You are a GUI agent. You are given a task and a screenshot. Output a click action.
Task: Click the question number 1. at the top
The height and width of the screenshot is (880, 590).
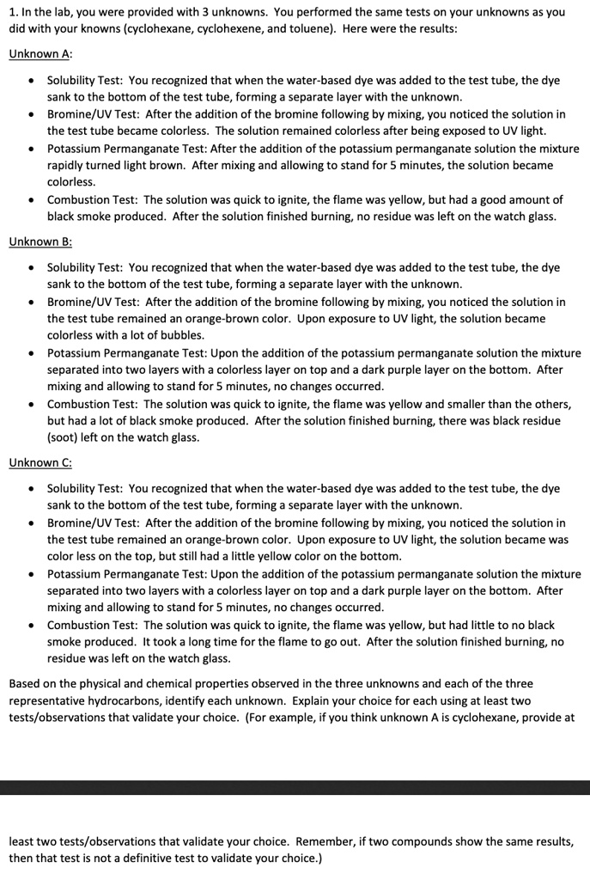[x=14, y=12]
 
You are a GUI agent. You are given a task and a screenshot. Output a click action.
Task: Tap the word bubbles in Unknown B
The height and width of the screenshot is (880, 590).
[x=179, y=335]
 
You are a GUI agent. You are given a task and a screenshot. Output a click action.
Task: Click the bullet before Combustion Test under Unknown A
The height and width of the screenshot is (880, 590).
[x=31, y=200]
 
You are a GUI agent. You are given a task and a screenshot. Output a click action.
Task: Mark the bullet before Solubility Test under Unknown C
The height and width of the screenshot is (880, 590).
[x=31, y=489]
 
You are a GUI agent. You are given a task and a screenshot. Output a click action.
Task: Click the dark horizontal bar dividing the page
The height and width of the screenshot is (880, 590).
[x=295, y=787]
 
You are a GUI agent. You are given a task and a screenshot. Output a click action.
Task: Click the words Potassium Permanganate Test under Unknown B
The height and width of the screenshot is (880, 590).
[x=106, y=352]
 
